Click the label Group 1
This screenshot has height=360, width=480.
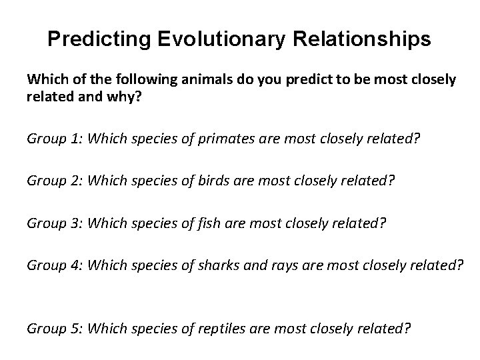coord(55,139)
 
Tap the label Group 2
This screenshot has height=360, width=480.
coord(55,180)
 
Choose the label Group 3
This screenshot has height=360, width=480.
coord(55,222)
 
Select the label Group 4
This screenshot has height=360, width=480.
coord(55,265)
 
